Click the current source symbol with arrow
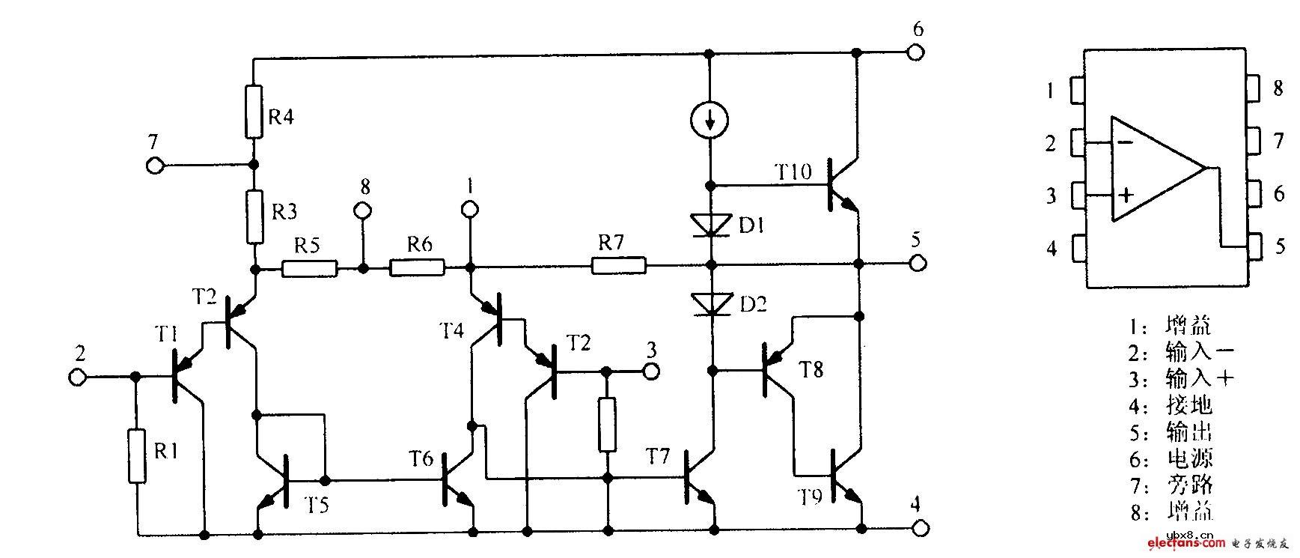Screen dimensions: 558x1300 pyautogui.click(x=709, y=120)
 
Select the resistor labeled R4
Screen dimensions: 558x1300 pyautogui.click(x=254, y=112)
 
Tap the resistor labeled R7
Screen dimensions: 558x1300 pyautogui.click(x=618, y=265)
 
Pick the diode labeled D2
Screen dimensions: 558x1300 pyautogui.click(x=709, y=303)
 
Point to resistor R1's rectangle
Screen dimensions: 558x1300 pyautogui.click(x=137, y=455)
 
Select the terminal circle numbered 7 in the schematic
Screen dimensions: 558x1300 pyautogui.click(x=155, y=166)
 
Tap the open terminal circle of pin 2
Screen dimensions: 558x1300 pyautogui.click(x=76, y=377)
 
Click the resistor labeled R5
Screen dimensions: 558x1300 pyautogui.click(x=309, y=267)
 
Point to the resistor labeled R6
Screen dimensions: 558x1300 pyautogui.click(x=417, y=267)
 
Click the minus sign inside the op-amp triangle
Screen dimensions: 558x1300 pyautogui.click(x=1125, y=142)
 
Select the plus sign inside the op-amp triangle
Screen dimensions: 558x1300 pyautogui.click(x=1125, y=196)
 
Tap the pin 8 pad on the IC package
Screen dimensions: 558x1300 pyautogui.click(x=1253, y=88)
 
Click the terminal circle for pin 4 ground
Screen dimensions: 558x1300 pyautogui.click(x=917, y=529)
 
